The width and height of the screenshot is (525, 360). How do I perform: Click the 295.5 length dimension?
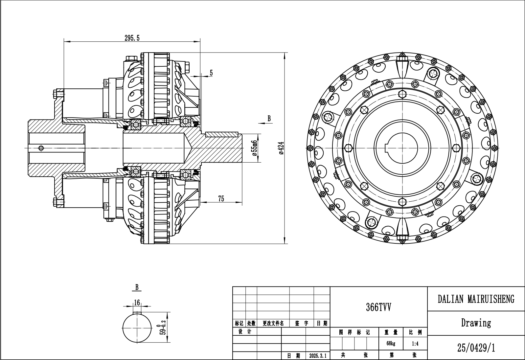(132, 38)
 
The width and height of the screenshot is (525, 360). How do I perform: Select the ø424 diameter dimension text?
(281, 148)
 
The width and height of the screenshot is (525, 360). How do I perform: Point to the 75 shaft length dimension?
(221, 199)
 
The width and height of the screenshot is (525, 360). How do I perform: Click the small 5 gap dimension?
(211, 73)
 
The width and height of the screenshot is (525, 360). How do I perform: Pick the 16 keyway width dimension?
(137, 302)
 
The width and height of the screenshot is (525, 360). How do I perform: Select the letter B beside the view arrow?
(269, 119)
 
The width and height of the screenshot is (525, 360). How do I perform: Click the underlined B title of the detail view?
(137, 287)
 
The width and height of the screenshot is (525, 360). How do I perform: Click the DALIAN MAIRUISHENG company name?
(476, 299)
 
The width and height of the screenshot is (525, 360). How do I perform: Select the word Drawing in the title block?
(476, 323)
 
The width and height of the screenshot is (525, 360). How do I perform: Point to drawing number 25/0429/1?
(476, 348)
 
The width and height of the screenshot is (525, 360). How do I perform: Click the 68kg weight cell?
(391, 344)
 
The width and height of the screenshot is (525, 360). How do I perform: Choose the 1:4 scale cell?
(415, 344)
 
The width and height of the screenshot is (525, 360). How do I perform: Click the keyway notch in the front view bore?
(387, 148)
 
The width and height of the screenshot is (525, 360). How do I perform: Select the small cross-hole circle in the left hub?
(41, 148)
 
